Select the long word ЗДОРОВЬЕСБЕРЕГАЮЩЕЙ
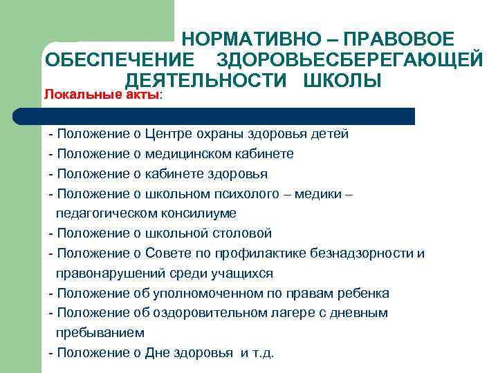click(349, 61)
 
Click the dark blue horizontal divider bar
click(228, 115)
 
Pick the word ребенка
click(362, 294)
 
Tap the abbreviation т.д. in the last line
click(264, 353)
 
